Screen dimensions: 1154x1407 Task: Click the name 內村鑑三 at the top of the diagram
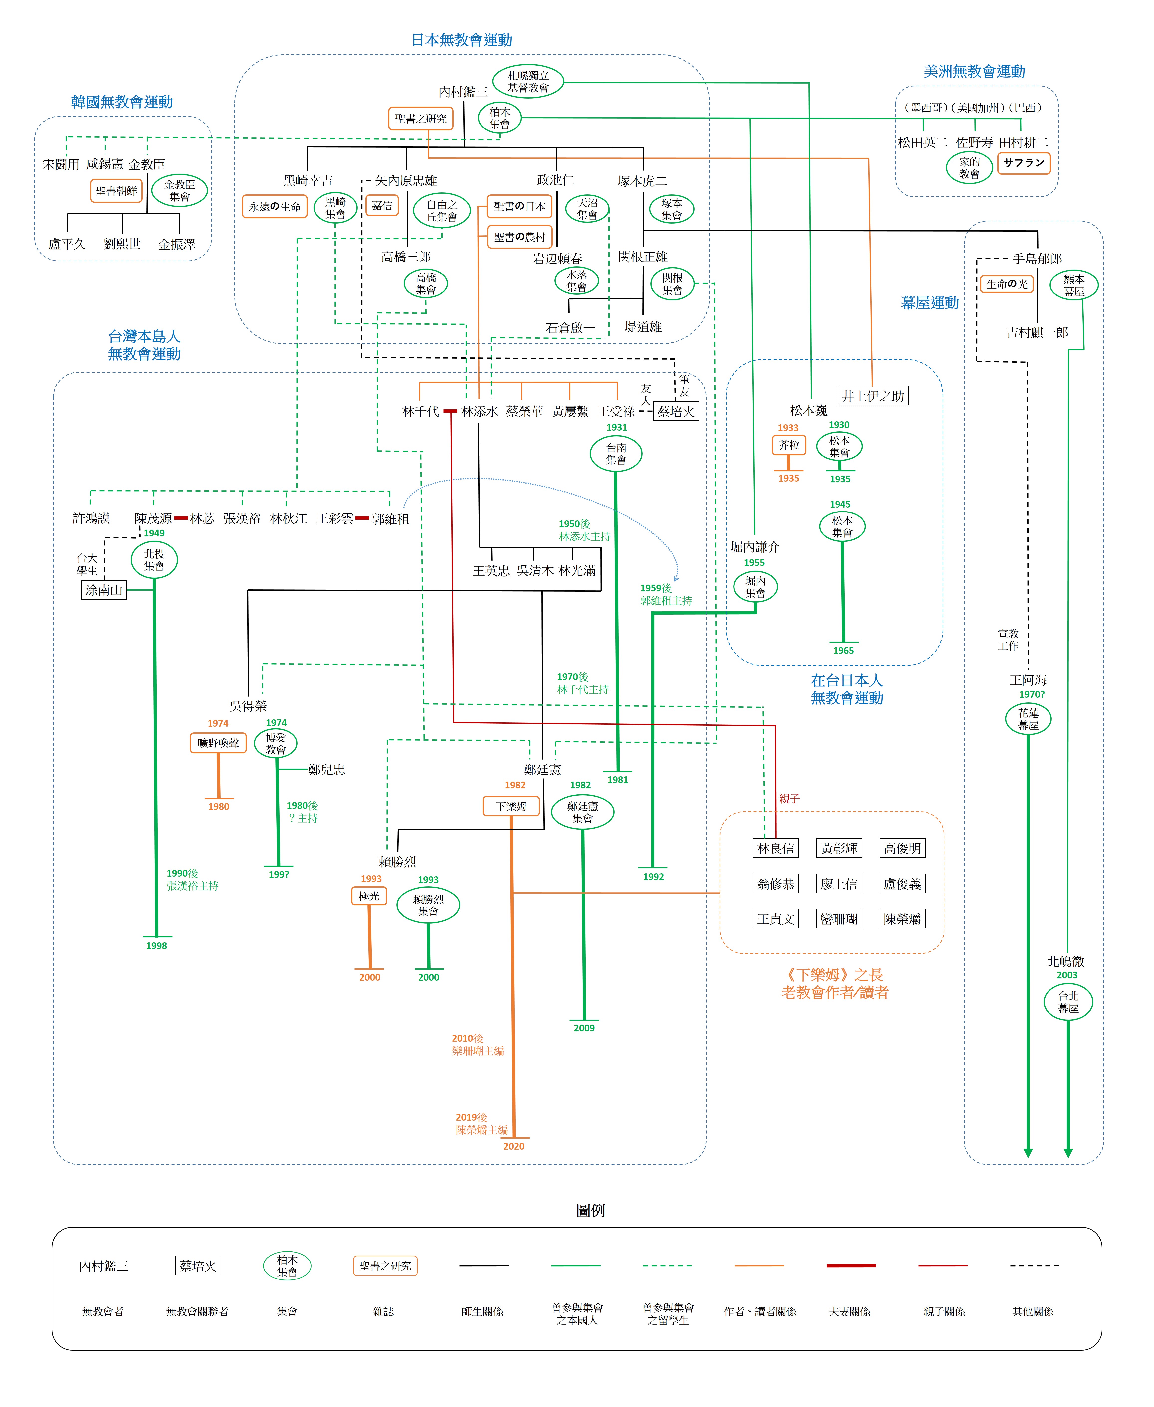(463, 92)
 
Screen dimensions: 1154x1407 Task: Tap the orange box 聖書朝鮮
(116, 191)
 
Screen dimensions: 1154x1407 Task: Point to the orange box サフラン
(1024, 163)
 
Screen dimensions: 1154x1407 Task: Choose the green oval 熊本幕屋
(1073, 285)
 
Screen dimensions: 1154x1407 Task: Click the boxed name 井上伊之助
(873, 396)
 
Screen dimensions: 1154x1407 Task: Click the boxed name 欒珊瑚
(839, 919)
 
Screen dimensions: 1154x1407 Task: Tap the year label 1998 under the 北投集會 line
(156, 946)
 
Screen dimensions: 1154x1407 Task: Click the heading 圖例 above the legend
(590, 1210)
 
